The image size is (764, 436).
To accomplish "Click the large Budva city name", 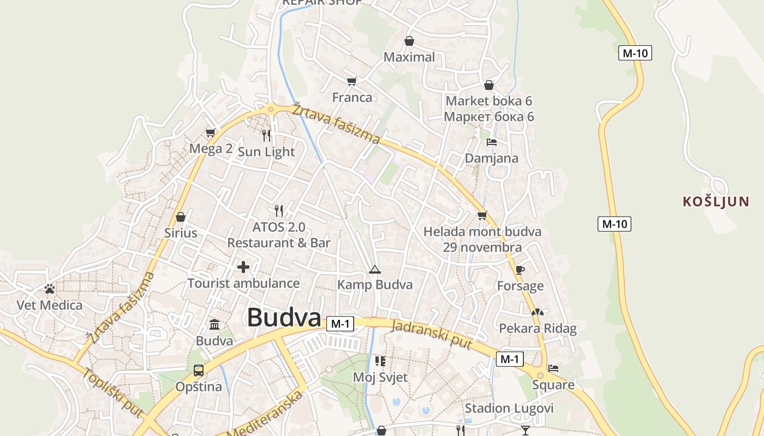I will (x=283, y=318).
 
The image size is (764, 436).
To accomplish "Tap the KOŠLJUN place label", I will (x=716, y=202).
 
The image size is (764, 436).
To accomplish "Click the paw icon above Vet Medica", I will (x=50, y=288).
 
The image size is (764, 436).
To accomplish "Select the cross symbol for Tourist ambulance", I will (x=243, y=267).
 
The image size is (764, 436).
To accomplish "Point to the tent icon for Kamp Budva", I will (x=374, y=269).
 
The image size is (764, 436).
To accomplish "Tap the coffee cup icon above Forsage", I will (x=520, y=270).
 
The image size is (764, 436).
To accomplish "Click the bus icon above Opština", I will (x=199, y=371).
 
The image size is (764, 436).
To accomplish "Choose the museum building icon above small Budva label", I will (x=214, y=325).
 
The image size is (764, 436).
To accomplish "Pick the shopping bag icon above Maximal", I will (x=409, y=41).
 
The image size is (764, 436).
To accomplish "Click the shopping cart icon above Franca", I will (x=352, y=81).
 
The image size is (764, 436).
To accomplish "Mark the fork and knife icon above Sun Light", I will (x=266, y=135).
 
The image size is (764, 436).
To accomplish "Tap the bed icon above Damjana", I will (x=491, y=142).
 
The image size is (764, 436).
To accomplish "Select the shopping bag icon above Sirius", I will (x=181, y=217).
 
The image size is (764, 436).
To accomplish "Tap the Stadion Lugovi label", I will (x=509, y=408).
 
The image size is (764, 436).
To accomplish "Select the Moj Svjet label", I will (x=380, y=377).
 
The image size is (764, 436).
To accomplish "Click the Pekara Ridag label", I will (x=538, y=328).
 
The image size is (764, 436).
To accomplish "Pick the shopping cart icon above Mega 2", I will (x=211, y=132).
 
